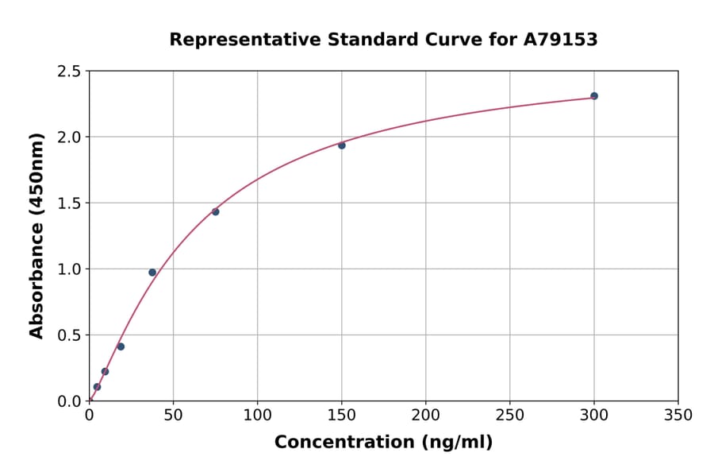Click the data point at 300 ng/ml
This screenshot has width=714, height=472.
(x=594, y=96)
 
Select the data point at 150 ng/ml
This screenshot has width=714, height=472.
(x=342, y=145)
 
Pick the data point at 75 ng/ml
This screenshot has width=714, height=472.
(x=216, y=212)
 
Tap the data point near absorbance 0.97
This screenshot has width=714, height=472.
(x=152, y=273)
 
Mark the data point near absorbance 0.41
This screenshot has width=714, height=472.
(x=121, y=346)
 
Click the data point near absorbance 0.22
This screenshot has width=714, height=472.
(x=105, y=372)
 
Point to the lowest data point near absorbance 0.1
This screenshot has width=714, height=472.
(x=97, y=387)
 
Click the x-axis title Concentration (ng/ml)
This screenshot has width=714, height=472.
(x=383, y=443)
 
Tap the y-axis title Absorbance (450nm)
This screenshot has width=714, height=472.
(x=36, y=235)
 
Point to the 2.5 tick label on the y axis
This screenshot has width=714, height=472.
(x=69, y=72)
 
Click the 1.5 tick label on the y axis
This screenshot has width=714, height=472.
(x=69, y=203)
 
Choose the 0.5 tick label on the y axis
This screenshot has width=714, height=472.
(x=69, y=335)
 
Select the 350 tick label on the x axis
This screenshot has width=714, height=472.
(x=678, y=415)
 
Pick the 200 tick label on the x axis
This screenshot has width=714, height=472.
(x=426, y=415)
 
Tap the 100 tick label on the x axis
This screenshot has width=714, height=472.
(x=257, y=415)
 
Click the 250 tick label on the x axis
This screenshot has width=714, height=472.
(x=510, y=415)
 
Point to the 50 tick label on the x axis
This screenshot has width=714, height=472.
(x=173, y=415)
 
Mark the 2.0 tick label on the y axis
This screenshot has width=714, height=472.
(x=69, y=137)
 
